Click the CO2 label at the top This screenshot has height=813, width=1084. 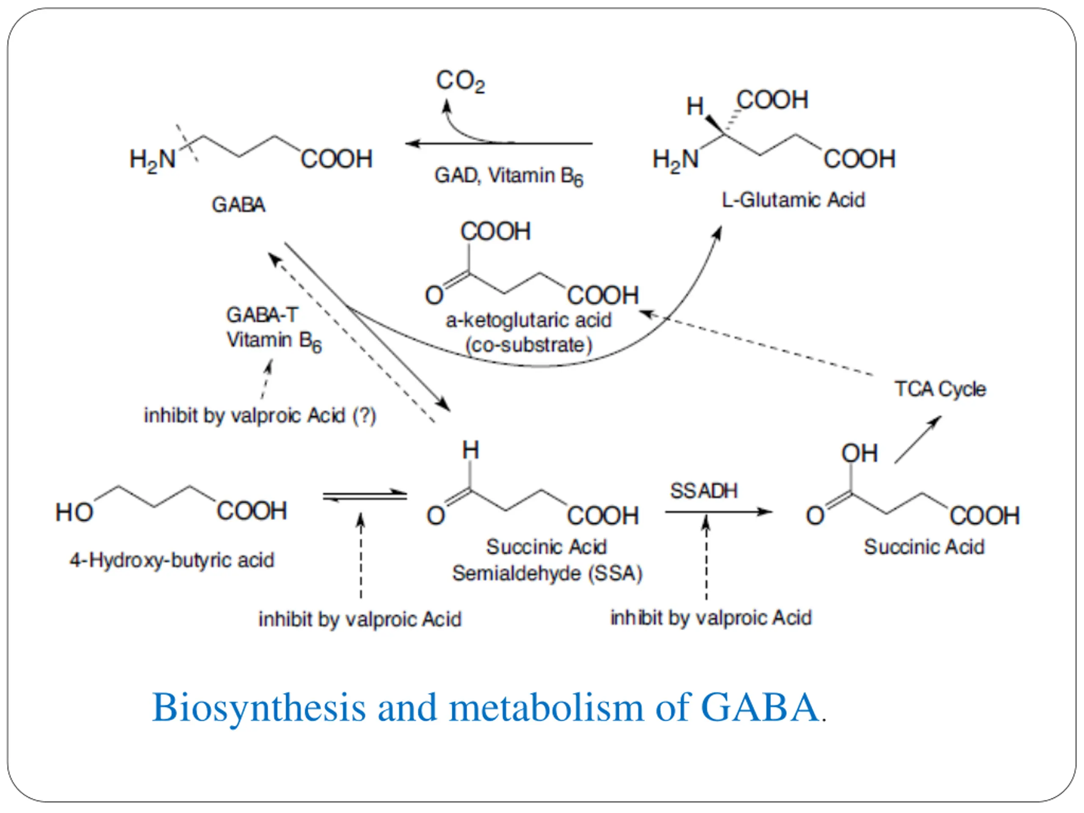pyautogui.click(x=460, y=81)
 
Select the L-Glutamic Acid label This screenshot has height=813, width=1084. pyautogui.click(x=794, y=200)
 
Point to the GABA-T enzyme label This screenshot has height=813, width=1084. pyautogui.click(x=262, y=315)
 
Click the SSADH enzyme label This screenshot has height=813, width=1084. pyautogui.click(x=704, y=491)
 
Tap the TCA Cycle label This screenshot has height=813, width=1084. pyautogui.click(x=940, y=389)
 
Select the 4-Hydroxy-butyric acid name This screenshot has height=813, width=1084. pyautogui.click(x=171, y=560)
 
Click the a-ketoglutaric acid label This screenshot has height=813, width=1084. pyautogui.click(x=528, y=321)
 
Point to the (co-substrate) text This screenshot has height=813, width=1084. pyautogui.click(x=528, y=346)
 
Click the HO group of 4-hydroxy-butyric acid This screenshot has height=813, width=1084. pyautogui.click(x=74, y=513)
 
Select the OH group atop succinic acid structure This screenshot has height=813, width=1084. pyautogui.click(x=859, y=454)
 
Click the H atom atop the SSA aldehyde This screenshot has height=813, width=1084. pyautogui.click(x=470, y=450)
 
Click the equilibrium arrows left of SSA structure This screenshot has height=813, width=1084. pyautogui.click(x=365, y=496)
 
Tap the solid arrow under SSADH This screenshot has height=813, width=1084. pyautogui.click(x=719, y=512)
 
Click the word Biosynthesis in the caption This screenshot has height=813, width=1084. pyautogui.click(x=259, y=708)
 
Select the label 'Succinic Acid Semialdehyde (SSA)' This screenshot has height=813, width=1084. pyautogui.click(x=547, y=560)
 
